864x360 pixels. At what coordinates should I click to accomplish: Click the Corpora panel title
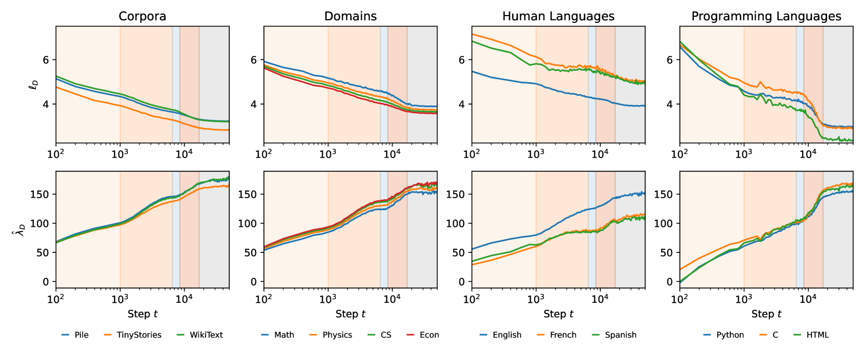[x=143, y=16]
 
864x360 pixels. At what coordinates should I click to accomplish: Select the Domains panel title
[x=350, y=16]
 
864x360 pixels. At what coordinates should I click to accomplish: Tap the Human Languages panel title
[x=558, y=16]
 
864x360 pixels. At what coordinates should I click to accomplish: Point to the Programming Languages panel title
[x=766, y=16]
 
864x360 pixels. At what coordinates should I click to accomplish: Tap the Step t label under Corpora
[x=143, y=314]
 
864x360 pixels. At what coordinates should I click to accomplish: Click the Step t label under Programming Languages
[x=766, y=314]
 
